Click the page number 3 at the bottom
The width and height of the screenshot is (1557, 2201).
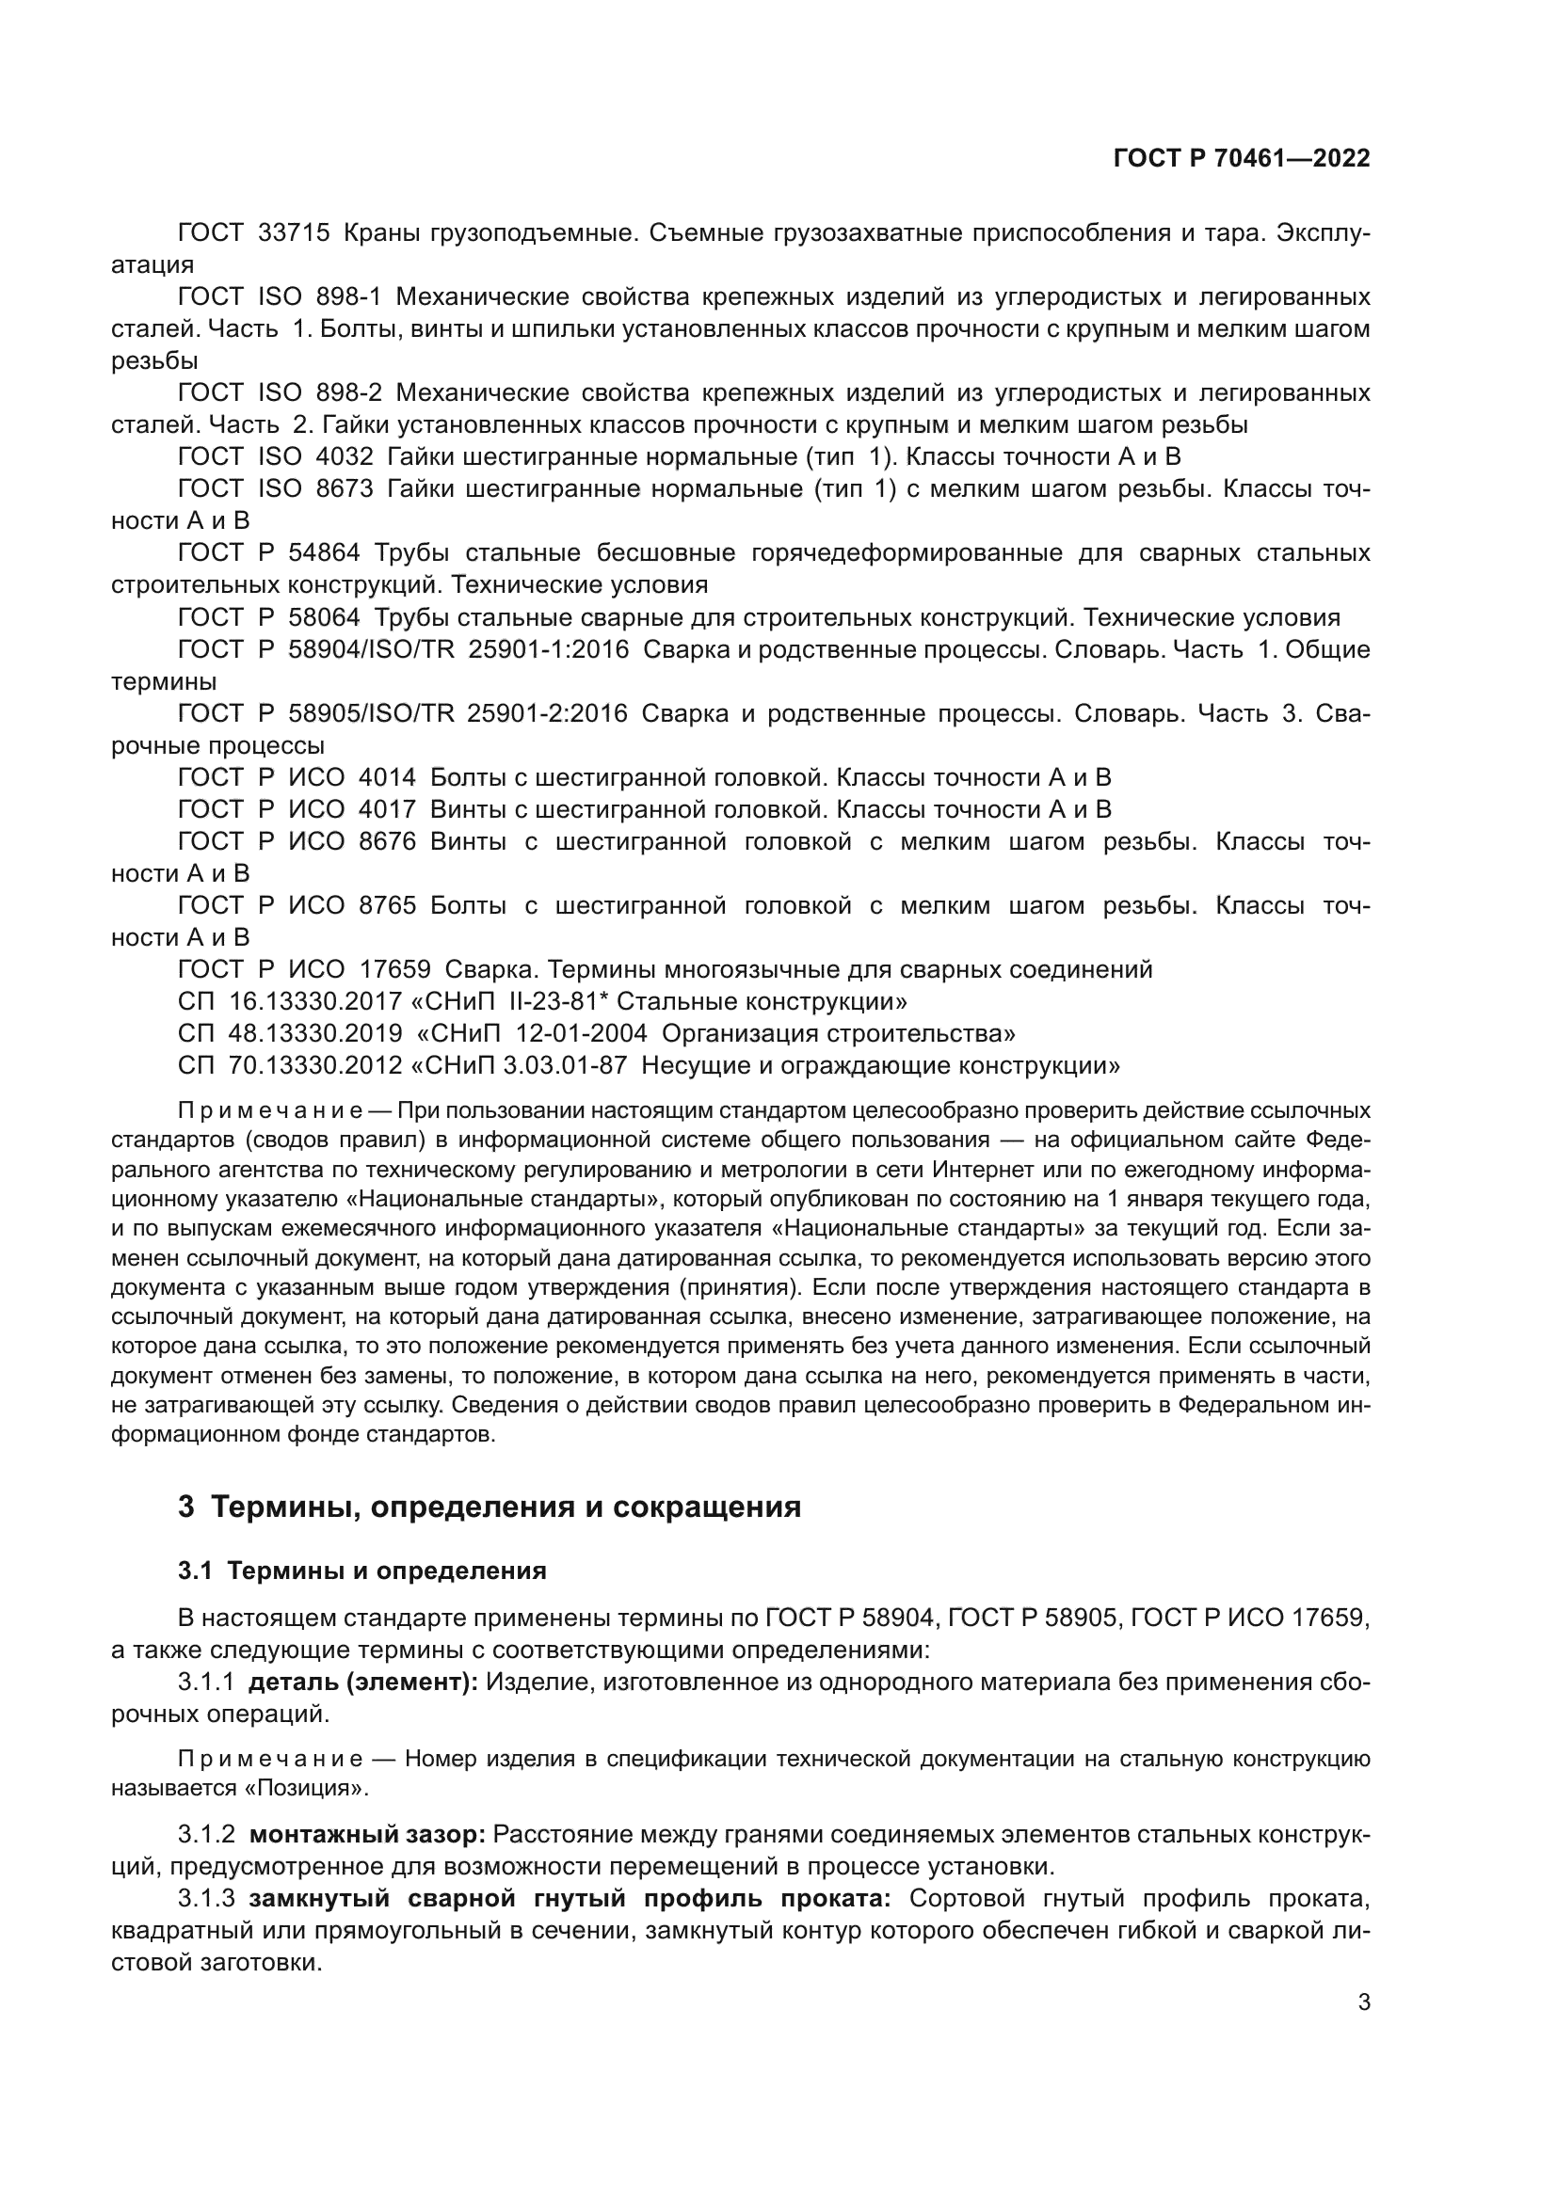click(1364, 2002)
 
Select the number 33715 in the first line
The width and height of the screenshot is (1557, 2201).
click(295, 233)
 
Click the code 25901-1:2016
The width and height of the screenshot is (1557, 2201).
click(549, 650)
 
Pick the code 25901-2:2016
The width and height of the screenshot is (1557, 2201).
click(548, 713)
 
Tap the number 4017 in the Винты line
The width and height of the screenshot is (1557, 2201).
click(387, 809)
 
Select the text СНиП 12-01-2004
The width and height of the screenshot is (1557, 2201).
click(543, 1033)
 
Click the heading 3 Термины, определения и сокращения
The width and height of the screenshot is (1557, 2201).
click(489, 1507)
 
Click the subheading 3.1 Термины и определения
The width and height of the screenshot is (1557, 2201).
click(361, 1571)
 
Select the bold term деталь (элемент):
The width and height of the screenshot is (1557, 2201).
click(362, 1683)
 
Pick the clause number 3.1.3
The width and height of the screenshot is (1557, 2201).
click(206, 1898)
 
